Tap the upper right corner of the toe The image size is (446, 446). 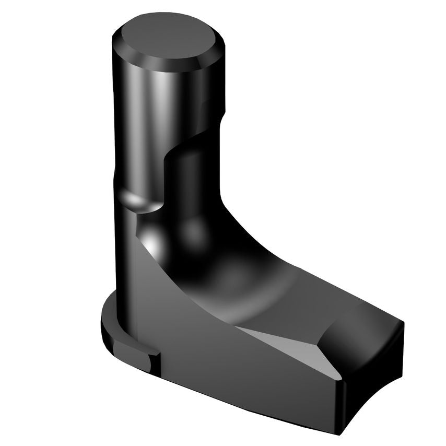tap(403, 322)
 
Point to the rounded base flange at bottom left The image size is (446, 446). tap(112, 319)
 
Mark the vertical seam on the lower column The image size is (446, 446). tap(135, 292)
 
